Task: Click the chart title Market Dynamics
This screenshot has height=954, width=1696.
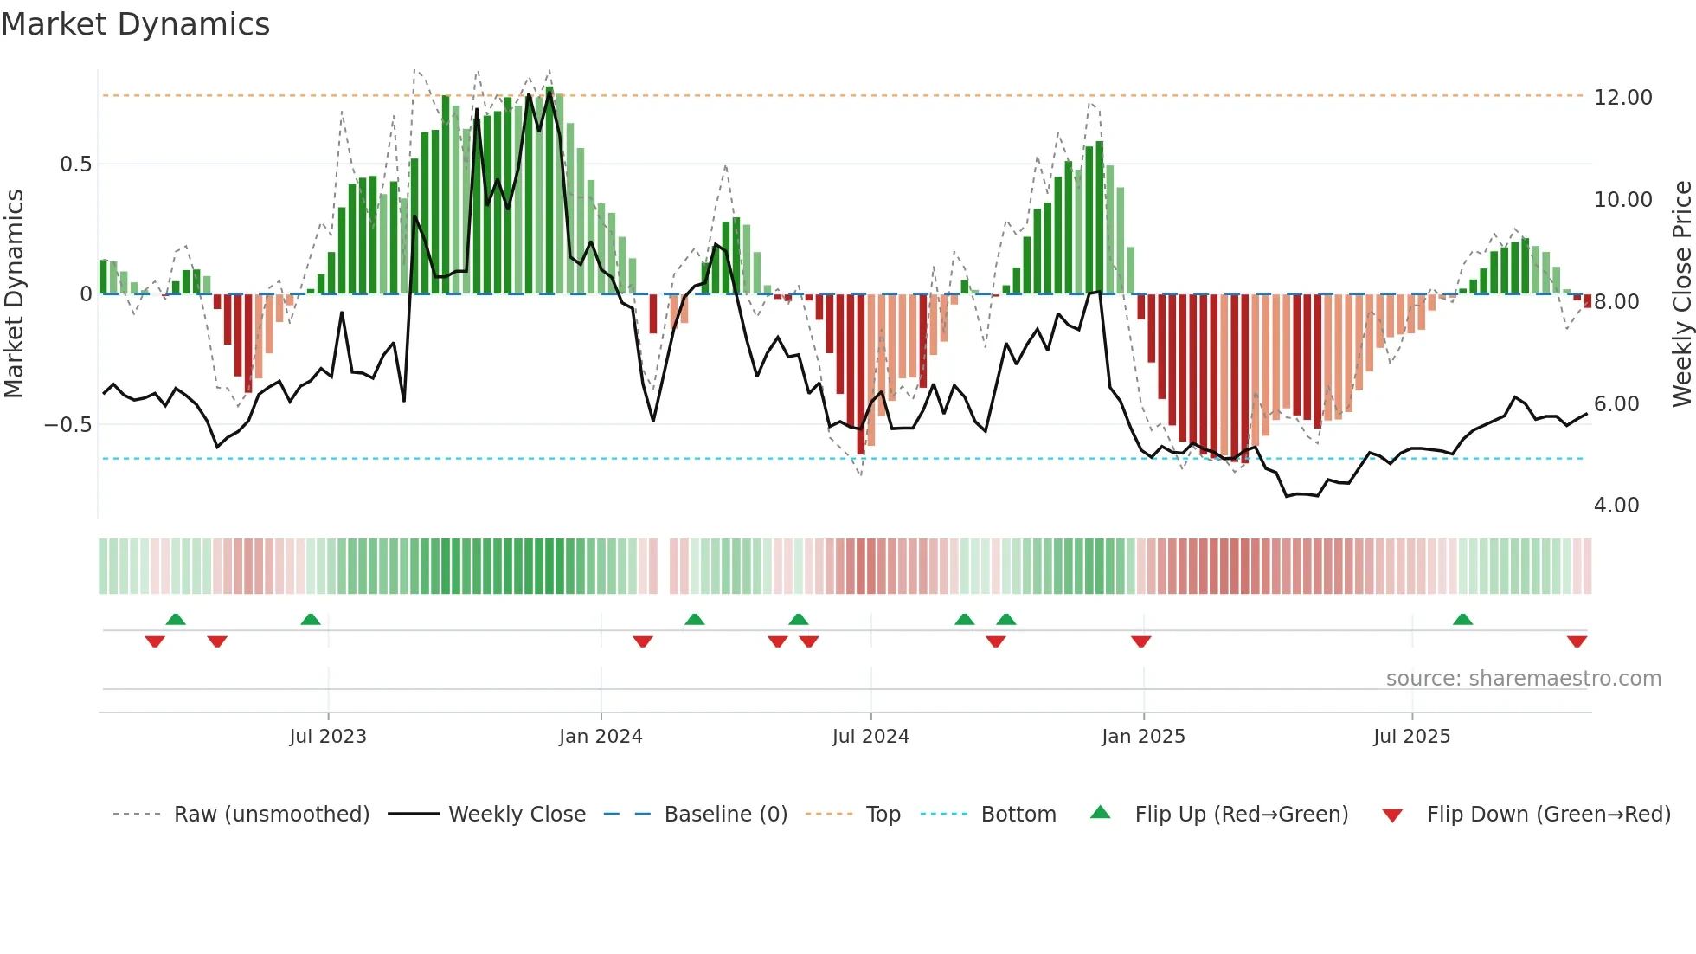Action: pos(135,24)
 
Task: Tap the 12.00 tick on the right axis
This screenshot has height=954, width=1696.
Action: pos(1622,98)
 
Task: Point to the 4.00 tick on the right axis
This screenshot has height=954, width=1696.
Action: pos(1616,506)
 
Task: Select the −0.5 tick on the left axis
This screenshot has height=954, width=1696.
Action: pos(67,425)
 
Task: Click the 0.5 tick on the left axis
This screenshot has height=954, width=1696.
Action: pos(75,164)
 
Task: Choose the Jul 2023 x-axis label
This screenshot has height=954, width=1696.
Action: pos(328,737)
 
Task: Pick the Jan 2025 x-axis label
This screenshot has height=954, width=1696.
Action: pos(1143,737)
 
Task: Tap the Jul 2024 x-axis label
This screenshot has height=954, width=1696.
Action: pos(870,737)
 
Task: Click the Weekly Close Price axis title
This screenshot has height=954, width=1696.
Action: pos(1681,294)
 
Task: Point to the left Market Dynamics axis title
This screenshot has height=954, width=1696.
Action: pos(14,294)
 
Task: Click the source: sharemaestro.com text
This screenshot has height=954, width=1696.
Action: pos(1523,679)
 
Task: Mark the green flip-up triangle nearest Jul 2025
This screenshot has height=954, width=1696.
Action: pos(1462,620)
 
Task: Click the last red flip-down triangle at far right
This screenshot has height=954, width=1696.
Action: pos(1577,641)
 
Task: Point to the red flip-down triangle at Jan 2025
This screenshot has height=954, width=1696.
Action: pos(1140,641)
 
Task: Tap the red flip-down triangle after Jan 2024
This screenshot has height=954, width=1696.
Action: pos(642,641)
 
